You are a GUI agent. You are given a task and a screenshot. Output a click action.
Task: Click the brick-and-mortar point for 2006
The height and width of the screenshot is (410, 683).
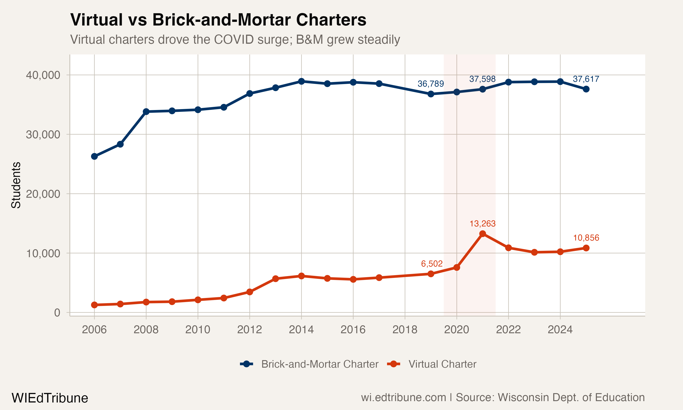(x=94, y=156)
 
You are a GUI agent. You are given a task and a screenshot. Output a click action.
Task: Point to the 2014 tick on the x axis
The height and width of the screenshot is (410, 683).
(x=301, y=330)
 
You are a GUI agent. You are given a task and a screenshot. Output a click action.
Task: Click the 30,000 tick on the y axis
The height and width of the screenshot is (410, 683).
(x=43, y=135)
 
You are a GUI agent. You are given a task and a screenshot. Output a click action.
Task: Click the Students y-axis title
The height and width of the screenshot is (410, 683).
(x=16, y=185)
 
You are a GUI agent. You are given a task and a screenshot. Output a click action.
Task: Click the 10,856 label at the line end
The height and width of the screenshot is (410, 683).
(x=586, y=238)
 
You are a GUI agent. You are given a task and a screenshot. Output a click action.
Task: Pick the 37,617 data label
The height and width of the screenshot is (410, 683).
(x=586, y=79)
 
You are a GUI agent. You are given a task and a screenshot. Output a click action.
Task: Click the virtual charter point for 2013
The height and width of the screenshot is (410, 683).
(x=275, y=279)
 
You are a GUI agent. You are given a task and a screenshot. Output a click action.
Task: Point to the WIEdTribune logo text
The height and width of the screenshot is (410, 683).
(x=50, y=398)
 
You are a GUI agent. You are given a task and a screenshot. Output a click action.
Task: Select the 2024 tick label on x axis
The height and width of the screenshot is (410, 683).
(x=560, y=330)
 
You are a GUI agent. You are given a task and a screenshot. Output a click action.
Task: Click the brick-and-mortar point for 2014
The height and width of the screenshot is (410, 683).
(x=301, y=82)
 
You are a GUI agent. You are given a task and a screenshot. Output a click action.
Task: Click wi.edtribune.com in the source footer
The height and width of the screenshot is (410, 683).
(x=403, y=397)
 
